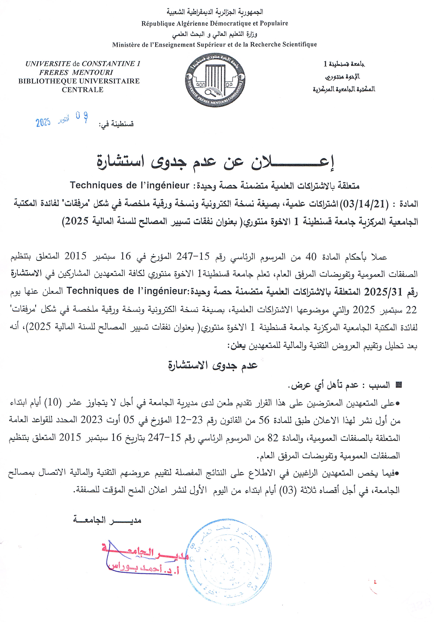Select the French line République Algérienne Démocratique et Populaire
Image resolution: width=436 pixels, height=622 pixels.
(x=215, y=24)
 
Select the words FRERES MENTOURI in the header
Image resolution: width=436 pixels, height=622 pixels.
(x=76, y=72)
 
